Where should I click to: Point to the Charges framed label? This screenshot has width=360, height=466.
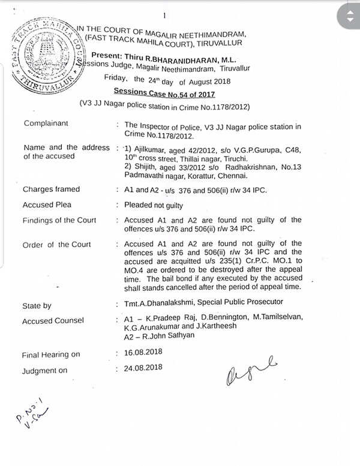click(x=51, y=190)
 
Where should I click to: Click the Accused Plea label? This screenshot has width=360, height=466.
click(x=47, y=205)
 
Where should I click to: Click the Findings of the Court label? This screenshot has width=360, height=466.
click(x=59, y=220)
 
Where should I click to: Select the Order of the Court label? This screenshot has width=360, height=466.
click(x=56, y=245)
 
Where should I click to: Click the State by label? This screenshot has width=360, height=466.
click(x=37, y=306)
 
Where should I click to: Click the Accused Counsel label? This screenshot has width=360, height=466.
click(x=53, y=321)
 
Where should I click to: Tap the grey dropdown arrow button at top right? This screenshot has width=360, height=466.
click(x=347, y=17)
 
